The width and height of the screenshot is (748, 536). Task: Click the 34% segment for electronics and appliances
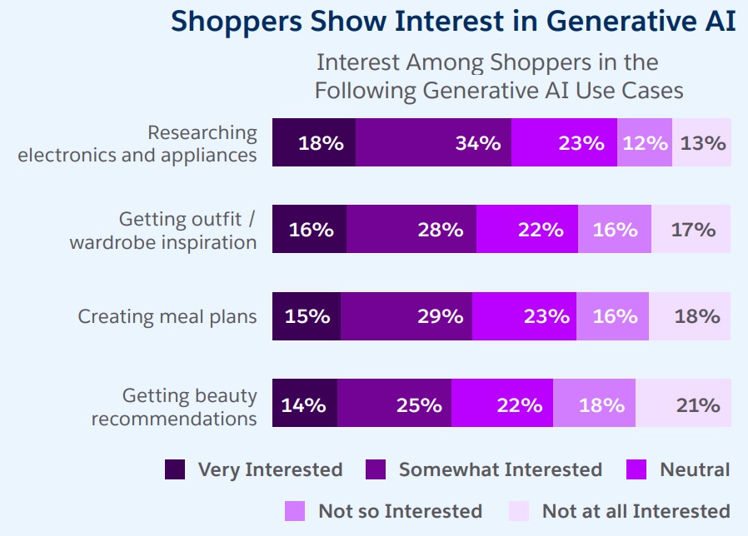tap(433, 142)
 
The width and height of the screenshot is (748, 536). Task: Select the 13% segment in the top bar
tap(702, 142)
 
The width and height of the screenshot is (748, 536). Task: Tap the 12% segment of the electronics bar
tap(645, 142)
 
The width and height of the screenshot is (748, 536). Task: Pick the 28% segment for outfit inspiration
tap(411, 229)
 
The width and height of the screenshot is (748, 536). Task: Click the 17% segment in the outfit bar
tap(692, 229)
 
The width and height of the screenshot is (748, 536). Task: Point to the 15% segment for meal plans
tap(307, 316)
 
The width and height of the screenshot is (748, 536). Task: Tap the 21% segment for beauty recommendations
tap(684, 404)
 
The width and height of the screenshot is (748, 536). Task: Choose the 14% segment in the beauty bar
tap(305, 404)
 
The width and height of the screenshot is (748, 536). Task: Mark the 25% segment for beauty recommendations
tap(395, 404)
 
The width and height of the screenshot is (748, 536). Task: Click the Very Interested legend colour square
tap(175, 469)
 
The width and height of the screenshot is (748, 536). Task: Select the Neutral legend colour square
tap(636, 469)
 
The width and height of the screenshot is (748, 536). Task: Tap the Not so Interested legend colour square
tap(295, 510)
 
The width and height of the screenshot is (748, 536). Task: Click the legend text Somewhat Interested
tap(500, 469)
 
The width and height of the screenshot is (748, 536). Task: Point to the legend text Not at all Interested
tap(636, 510)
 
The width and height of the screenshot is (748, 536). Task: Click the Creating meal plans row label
tap(167, 316)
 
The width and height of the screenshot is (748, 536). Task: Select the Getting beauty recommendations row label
tap(174, 407)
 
